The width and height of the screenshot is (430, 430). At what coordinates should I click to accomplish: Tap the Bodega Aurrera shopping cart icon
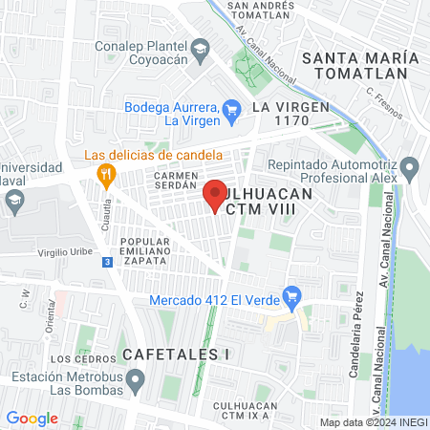point(231,113)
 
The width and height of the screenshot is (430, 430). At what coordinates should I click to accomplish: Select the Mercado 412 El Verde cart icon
point(293,298)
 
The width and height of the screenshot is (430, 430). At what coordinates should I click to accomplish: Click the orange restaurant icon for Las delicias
point(106,174)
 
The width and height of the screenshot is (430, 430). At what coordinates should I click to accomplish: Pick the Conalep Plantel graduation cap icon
point(200,49)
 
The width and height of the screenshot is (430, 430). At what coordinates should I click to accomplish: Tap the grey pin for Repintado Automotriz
point(411,171)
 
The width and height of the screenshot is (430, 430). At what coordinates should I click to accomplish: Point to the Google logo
point(32,419)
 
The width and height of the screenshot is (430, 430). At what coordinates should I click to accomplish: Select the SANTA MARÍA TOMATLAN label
point(360,65)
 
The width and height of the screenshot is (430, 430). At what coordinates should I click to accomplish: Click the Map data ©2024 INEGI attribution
point(373,421)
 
